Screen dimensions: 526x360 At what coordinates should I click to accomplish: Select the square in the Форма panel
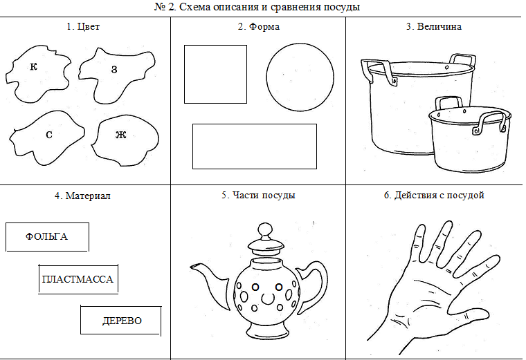[215, 74]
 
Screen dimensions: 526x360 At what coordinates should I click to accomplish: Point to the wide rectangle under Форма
[254, 146]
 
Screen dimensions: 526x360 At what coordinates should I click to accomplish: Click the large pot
[401, 104]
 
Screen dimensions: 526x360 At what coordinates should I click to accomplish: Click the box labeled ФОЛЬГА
[47, 236]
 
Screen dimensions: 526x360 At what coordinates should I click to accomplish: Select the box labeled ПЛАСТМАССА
[77, 279]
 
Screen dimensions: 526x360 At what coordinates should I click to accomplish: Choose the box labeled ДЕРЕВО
[121, 321]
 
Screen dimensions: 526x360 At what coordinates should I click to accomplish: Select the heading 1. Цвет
[85, 27]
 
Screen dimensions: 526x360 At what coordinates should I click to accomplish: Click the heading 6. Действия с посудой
[434, 196]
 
